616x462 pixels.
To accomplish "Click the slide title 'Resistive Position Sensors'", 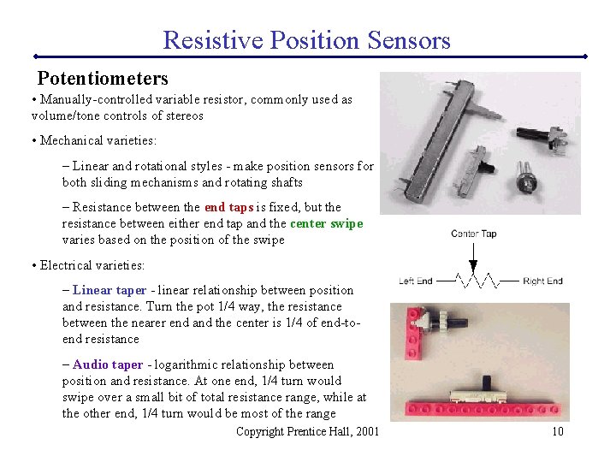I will click(x=306, y=39).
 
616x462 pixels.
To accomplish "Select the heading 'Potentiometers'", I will click(x=103, y=79).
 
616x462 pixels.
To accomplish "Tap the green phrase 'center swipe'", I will click(x=326, y=223).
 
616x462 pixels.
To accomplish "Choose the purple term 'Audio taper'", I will click(x=108, y=364).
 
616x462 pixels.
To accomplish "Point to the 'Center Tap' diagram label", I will click(x=473, y=234).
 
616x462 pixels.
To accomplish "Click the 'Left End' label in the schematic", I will click(x=416, y=281).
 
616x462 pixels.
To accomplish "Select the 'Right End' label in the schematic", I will click(x=542, y=281).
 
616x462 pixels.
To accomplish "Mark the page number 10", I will click(x=557, y=431).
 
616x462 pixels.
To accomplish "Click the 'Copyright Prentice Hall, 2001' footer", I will click(x=307, y=431).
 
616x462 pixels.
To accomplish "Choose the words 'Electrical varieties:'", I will click(x=92, y=265).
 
